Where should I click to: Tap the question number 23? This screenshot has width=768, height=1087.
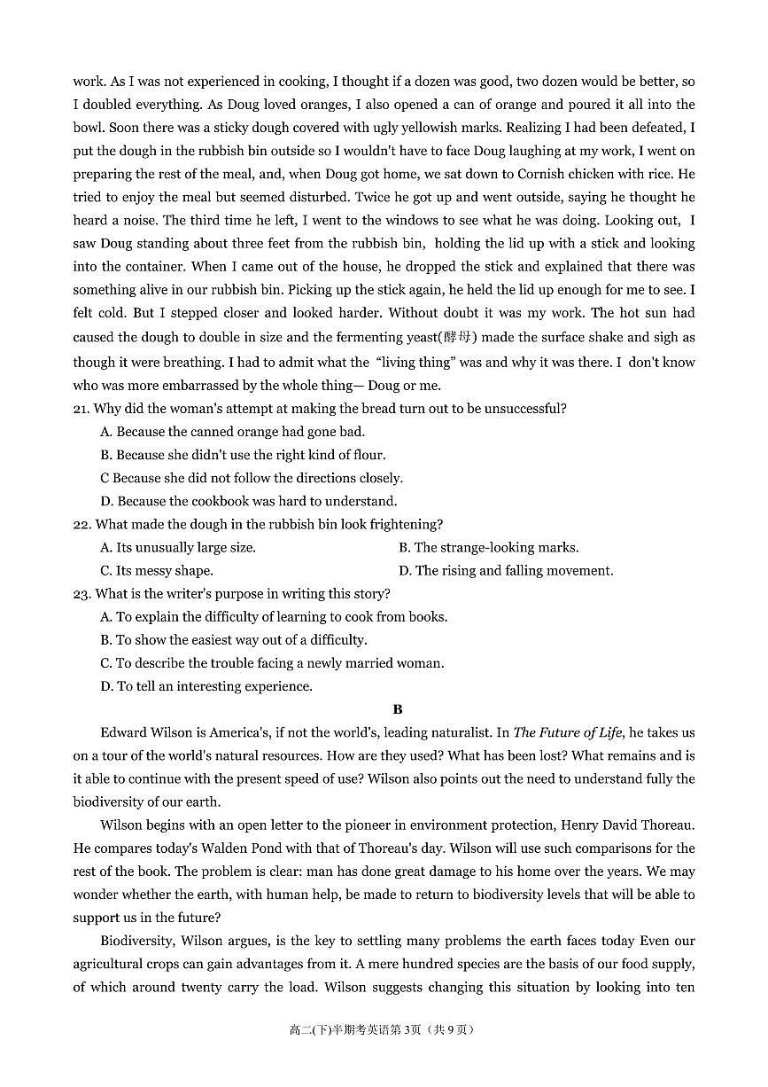[81, 594]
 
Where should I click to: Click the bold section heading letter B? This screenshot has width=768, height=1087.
[398, 709]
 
